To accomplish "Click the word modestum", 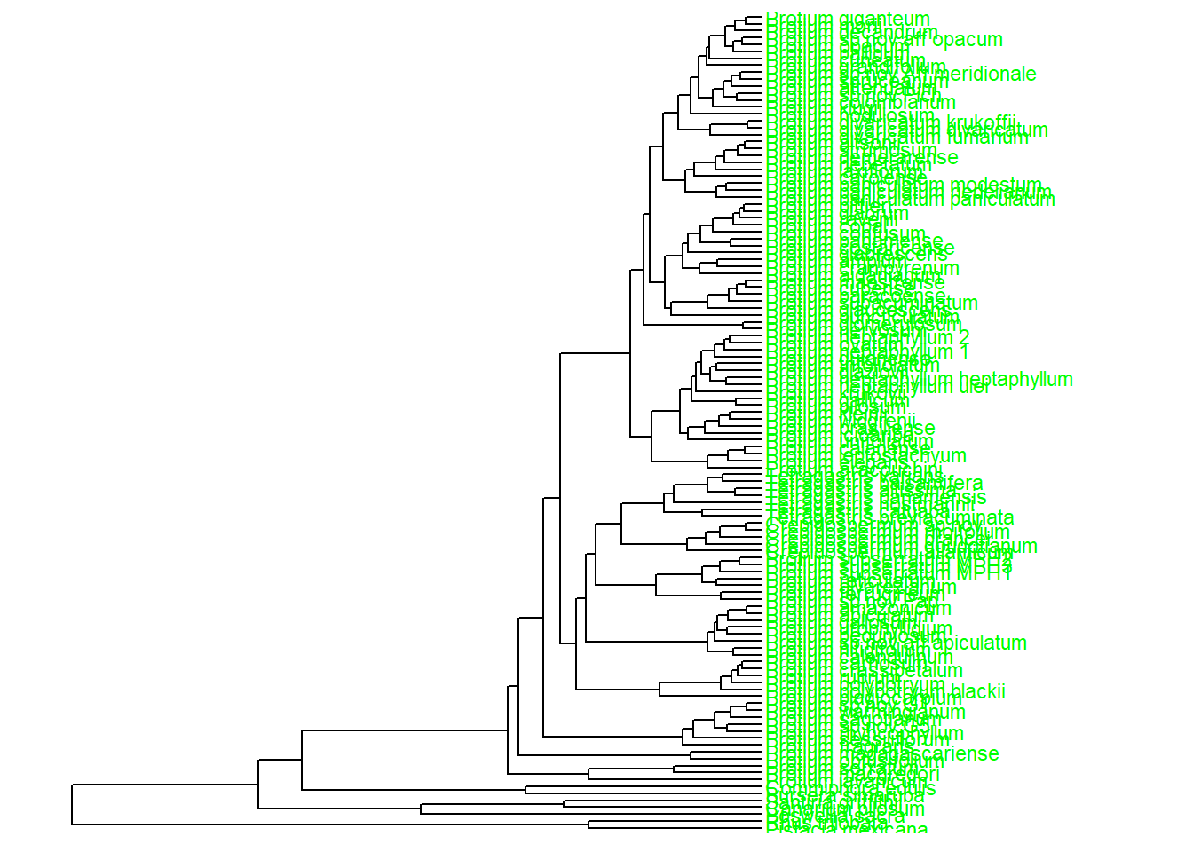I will tap(997, 185).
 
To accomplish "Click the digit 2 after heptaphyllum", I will tap(963, 337).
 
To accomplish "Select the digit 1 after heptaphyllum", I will tap(963, 352).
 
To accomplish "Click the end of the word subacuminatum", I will tap(977, 304).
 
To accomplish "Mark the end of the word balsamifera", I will tap(983, 484).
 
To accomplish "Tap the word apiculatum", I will tap(982, 643).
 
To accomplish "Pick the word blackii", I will tap(978, 691).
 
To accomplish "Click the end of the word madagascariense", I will tap(999, 753).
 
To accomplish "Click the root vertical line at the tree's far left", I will tap(72, 804).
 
